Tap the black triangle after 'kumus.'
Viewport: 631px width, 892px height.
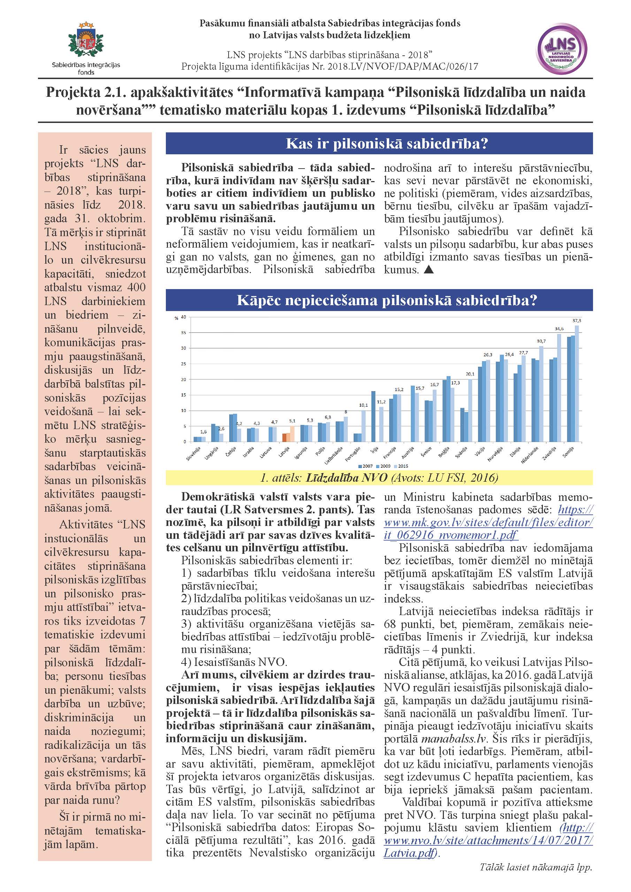[x=429, y=270]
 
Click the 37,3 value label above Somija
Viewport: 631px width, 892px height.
[x=577, y=320]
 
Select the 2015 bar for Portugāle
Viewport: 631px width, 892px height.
[x=363, y=426]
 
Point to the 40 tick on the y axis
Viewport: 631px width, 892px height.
[x=183, y=317]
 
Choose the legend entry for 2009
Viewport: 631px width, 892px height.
[x=385, y=466]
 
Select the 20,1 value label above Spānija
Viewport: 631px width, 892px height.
[x=470, y=374]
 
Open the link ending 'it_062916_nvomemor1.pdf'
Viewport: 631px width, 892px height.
[x=451, y=535]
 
